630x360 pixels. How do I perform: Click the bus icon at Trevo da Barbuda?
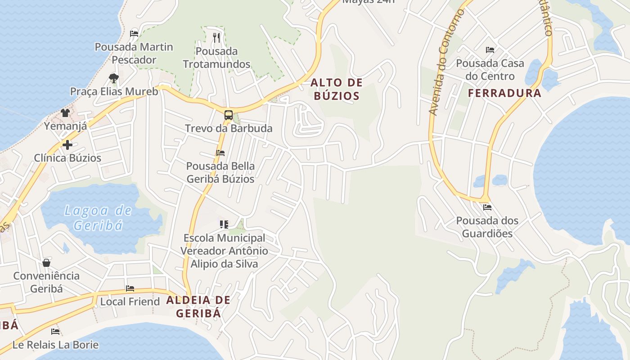(229, 115)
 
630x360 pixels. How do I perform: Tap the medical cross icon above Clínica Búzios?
(67, 145)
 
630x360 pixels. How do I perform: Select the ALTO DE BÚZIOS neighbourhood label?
(336, 89)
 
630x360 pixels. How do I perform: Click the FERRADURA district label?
(504, 93)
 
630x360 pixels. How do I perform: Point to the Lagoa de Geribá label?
(98, 217)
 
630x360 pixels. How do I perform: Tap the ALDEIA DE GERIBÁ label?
(198, 306)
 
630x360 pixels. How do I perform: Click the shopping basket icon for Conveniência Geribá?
(46, 262)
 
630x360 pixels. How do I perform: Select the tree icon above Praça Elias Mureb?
(114, 78)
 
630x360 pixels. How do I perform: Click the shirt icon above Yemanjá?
(65, 112)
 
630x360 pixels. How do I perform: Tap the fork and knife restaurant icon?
(217, 37)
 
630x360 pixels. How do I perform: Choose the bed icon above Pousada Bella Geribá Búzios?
(220, 153)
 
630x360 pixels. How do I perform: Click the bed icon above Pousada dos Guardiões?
(487, 207)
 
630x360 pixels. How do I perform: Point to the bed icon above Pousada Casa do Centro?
(490, 50)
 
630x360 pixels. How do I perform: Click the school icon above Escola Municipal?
(224, 224)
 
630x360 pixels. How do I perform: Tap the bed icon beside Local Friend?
(130, 288)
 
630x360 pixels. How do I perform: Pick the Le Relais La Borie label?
(55, 345)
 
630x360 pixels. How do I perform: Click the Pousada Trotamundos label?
(216, 58)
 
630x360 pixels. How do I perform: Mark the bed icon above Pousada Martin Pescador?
(134, 33)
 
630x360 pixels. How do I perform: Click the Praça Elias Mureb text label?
(114, 92)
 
